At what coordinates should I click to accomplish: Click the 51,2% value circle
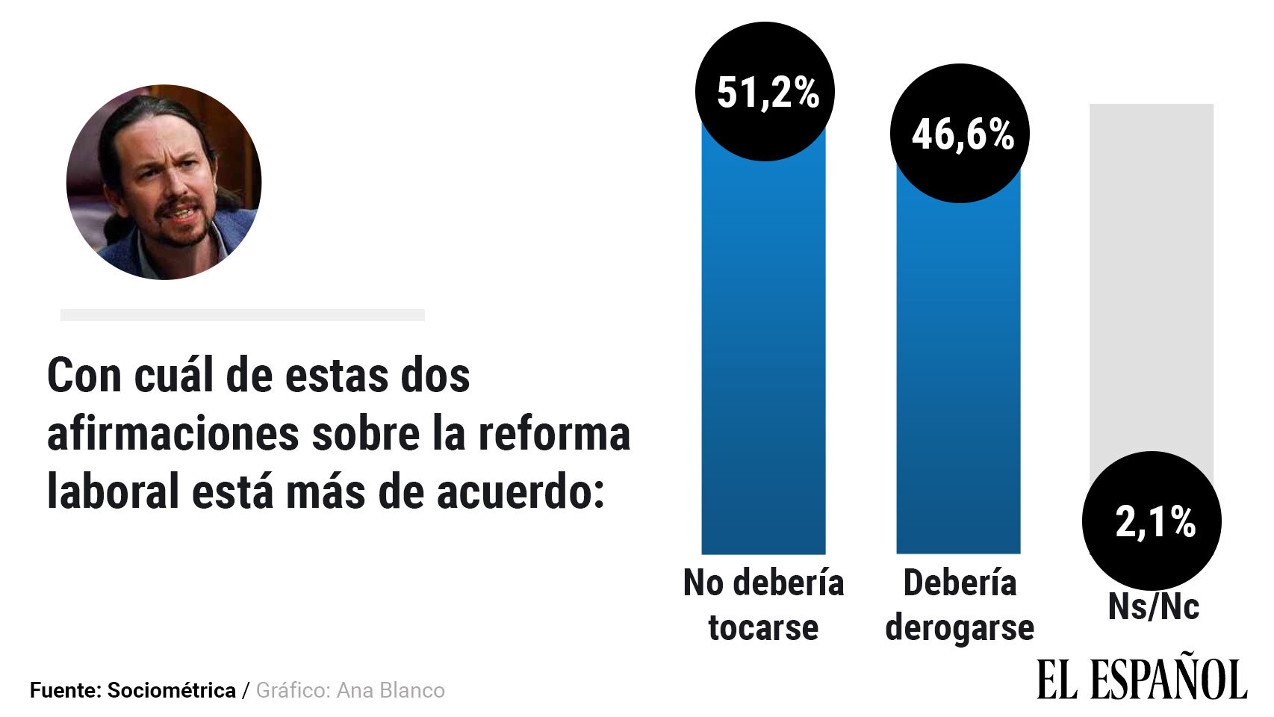click(x=764, y=92)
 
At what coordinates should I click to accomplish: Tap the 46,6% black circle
click(x=960, y=134)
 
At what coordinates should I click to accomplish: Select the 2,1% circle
click(x=1152, y=521)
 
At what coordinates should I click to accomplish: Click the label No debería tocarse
click(x=763, y=605)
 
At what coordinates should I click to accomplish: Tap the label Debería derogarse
click(x=960, y=605)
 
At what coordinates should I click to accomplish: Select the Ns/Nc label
click(x=1153, y=606)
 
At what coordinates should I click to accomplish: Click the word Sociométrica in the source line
click(x=171, y=690)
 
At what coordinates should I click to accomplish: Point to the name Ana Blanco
click(x=390, y=690)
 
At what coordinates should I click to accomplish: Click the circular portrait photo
click(x=164, y=182)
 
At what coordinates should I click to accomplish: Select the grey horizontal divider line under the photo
click(x=242, y=315)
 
